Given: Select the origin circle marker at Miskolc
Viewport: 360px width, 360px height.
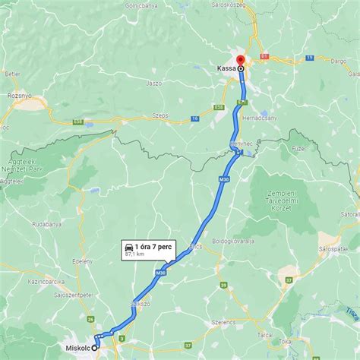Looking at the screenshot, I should (x=96, y=347).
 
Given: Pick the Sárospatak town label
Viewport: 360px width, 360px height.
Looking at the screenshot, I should (x=339, y=248).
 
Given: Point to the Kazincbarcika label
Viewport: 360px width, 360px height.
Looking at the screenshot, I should (x=46, y=281).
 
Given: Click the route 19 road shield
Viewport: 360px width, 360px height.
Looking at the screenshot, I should (x=309, y=58).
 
